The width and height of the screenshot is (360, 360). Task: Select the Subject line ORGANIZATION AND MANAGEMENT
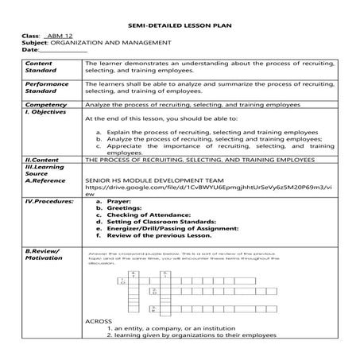[103, 45]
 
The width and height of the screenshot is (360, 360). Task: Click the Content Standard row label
[41, 67]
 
